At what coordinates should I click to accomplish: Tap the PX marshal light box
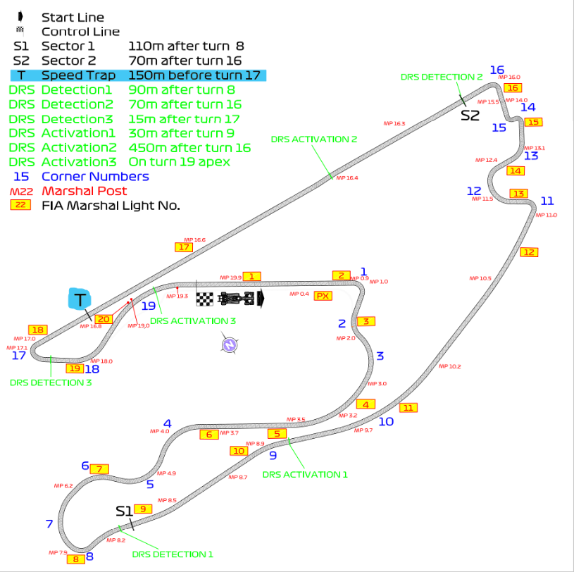[x=323, y=295]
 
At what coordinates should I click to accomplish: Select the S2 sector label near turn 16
[x=470, y=115]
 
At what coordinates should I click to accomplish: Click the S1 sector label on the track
[x=123, y=509]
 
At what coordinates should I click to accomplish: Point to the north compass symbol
[x=229, y=344]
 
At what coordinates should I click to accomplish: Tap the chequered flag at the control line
[x=204, y=299]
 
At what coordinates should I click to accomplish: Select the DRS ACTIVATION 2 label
[x=314, y=139]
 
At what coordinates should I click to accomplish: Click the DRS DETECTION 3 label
[x=51, y=383]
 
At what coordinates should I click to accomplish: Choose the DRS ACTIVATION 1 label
[x=305, y=474]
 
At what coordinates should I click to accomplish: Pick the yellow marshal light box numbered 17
[x=184, y=247]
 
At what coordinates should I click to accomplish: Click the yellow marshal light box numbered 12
[x=529, y=252]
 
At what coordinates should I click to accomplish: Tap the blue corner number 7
[x=49, y=523]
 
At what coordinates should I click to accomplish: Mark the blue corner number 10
[x=386, y=421]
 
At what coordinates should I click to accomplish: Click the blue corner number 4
[x=167, y=423]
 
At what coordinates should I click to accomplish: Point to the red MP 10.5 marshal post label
[x=480, y=278]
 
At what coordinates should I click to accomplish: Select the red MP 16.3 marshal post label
[x=394, y=123]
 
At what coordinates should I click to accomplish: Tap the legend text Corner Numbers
[x=95, y=176]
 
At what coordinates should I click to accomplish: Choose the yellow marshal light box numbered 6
[x=208, y=435]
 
